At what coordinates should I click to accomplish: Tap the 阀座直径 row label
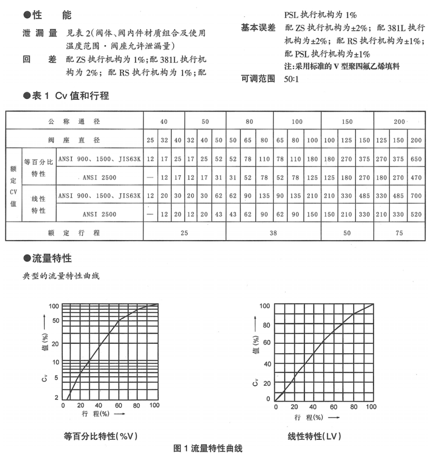(74, 140)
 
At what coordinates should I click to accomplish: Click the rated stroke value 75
(399, 233)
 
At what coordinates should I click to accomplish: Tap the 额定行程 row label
(74, 233)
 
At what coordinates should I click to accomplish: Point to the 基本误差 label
(258, 27)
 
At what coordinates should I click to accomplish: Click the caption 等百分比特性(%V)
(101, 436)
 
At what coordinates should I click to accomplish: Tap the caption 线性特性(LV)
(314, 436)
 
